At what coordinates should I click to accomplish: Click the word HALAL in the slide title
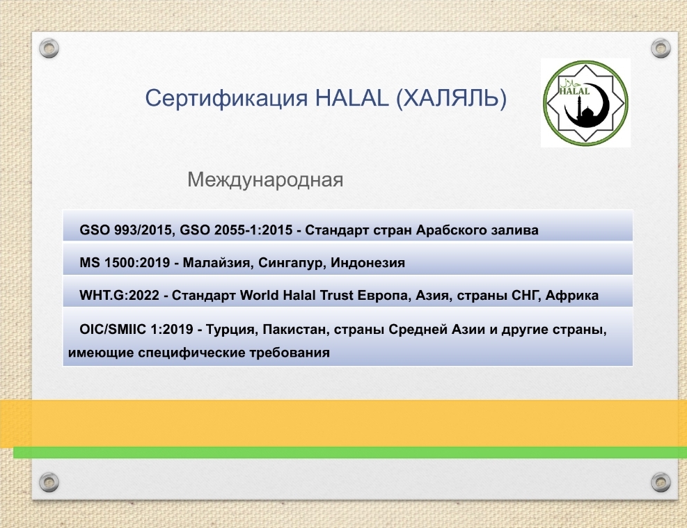[x=352, y=97]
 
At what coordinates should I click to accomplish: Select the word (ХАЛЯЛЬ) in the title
[x=451, y=99]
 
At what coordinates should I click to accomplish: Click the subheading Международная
[x=265, y=180]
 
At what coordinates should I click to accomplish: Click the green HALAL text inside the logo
[x=574, y=91]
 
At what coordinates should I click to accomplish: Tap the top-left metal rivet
[x=49, y=48]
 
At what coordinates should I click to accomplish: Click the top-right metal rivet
[x=661, y=48]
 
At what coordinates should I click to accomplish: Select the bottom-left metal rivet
[x=49, y=482]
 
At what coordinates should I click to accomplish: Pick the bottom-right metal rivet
[x=661, y=482]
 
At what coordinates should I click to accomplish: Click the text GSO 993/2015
[x=127, y=230]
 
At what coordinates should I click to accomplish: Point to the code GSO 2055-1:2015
[x=236, y=230]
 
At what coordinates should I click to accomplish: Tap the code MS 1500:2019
[x=125, y=263]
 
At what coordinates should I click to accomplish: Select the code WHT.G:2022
[x=119, y=296]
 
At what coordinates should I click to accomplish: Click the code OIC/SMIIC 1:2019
[x=136, y=329]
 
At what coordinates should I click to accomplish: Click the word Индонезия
[x=368, y=263]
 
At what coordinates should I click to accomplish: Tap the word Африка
[x=571, y=296]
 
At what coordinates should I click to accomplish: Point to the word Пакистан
[x=296, y=330]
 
